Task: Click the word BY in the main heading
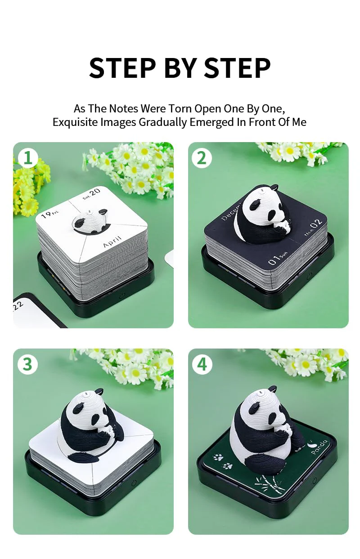click(x=180, y=68)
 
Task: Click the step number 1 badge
click(x=28, y=158)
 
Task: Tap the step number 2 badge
click(x=202, y=158)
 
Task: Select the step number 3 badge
click(x=27, y=364)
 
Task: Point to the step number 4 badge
click(x=202, y=364)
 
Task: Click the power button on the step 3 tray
click(x=134, y=483)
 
